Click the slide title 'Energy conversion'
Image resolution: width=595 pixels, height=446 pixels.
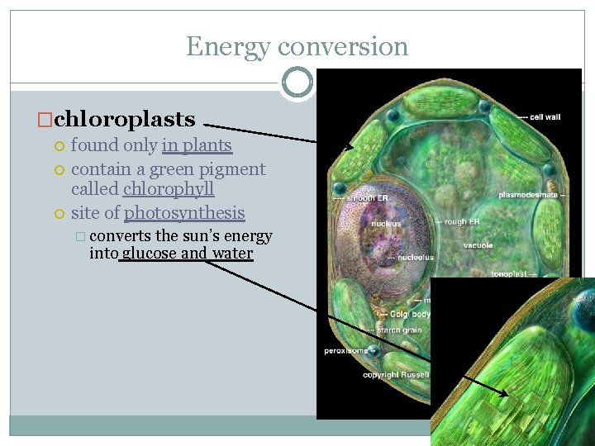[x=297, y=46]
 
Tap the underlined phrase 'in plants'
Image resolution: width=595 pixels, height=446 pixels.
[x=197, y=146]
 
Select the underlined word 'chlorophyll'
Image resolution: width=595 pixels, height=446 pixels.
[x=169, y=189]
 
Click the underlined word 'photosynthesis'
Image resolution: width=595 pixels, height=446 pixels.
[x=184, y=213]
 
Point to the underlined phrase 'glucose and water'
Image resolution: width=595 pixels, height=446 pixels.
[x=187, y=254]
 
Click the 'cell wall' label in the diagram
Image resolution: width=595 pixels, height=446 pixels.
[x=542, y=117]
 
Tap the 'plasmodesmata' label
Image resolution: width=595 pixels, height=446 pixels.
[x=530, y=195]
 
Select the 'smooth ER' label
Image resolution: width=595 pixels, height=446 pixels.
[x=359, y=198]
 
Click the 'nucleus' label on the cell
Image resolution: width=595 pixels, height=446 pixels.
[x=386, y=224]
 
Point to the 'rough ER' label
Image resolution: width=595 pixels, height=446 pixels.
[x=463, y=221]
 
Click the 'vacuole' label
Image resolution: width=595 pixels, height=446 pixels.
[x=478, y=245]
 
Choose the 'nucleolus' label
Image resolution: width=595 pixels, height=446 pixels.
[x=415, y=258]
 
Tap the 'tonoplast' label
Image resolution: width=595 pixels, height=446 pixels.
[x=509, y=273]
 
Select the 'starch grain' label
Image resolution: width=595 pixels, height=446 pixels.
[x=399, y=330]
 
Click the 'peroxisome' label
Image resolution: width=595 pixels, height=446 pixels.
[x=345, y=351]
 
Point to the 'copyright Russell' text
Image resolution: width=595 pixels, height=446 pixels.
[x=396, y=375]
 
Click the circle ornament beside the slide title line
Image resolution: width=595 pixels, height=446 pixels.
[x=297, y=83]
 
